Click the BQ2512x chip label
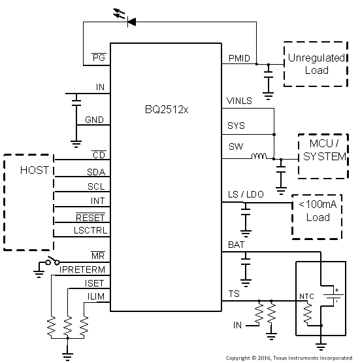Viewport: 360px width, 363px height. pyautogui.click(x=166, y=109)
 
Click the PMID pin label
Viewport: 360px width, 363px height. pyautogui.click(x=238, y=59)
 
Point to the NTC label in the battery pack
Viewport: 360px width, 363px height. pyautogui.click(x=306, y=296)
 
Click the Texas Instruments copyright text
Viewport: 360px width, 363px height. pyautogui.click(x=289, y=358)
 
